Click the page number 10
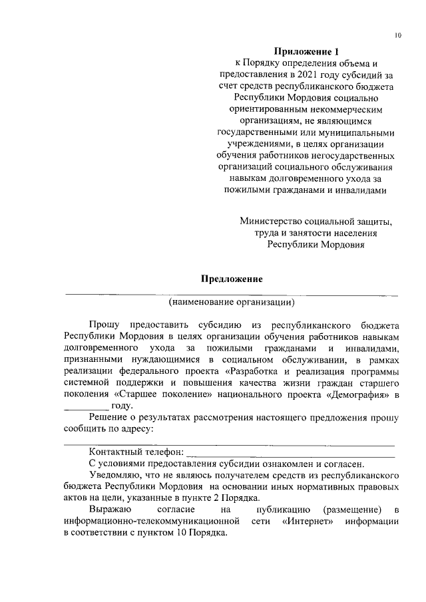(397, 35)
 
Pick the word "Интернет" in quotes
(308, 521)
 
